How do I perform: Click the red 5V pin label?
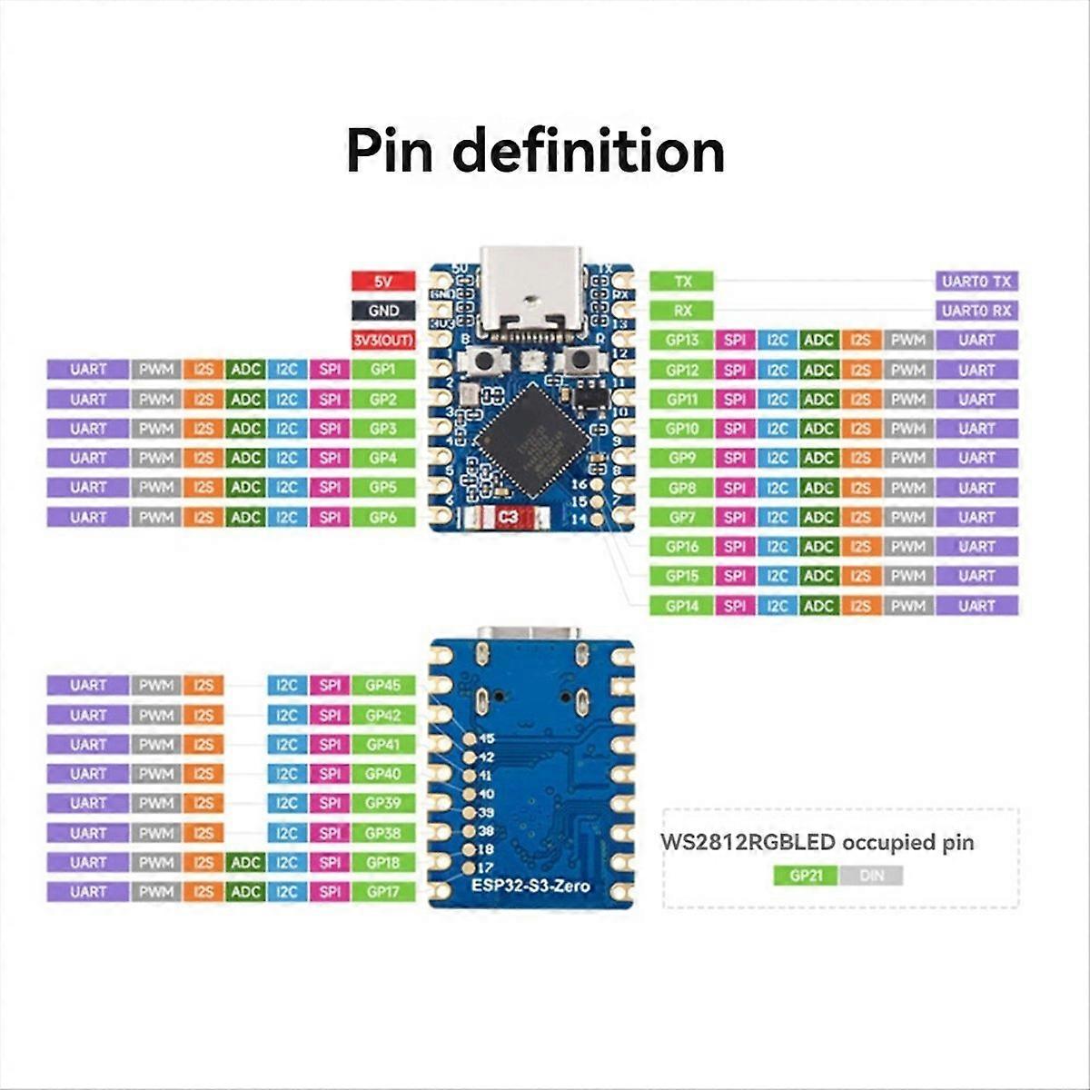383,282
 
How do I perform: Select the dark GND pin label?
383,311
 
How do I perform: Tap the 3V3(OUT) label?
383,340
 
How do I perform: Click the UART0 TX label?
976,282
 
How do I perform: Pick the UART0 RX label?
976,311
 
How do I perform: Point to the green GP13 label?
682,340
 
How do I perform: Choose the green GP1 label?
383,370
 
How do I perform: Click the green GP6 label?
383,517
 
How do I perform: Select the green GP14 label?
682,605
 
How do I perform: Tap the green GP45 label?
383,686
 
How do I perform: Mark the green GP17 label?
383,892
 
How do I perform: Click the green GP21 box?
806,876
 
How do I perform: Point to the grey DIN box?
871,876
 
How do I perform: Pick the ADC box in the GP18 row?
245,862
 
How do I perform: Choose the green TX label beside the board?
682,282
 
